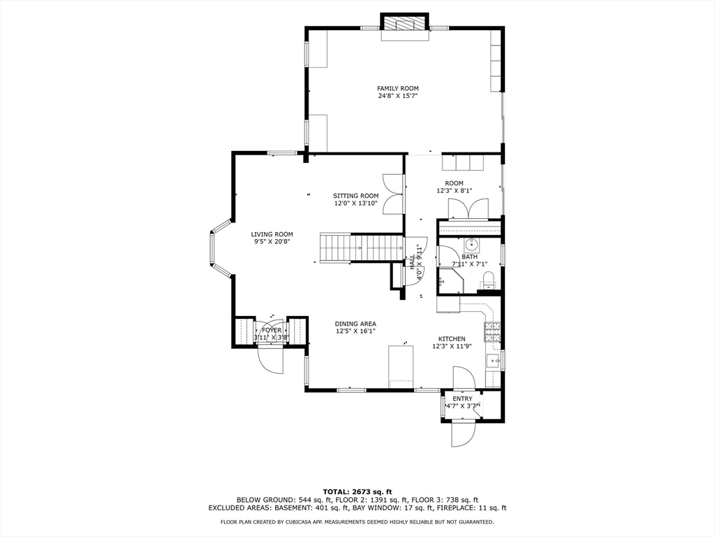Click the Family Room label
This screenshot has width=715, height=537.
pos(397,88)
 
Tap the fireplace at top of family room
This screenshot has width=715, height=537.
pos(404,23)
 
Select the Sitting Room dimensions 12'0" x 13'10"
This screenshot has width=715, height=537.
pos(355,203)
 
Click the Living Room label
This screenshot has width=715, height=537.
pos(272,234)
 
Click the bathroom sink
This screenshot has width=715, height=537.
pos(472,245)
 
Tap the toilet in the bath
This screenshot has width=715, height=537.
pos(488,282)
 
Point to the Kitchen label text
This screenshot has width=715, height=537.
pos(451,338)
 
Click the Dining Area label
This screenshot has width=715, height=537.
pos(355,324)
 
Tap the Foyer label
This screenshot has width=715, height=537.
pos(272,330)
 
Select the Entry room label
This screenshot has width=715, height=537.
pos(462,399)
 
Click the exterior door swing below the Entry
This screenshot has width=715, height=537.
pos(462,434)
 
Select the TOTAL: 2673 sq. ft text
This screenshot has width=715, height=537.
pos(357,491)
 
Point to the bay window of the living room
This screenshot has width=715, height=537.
pos(218,249)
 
